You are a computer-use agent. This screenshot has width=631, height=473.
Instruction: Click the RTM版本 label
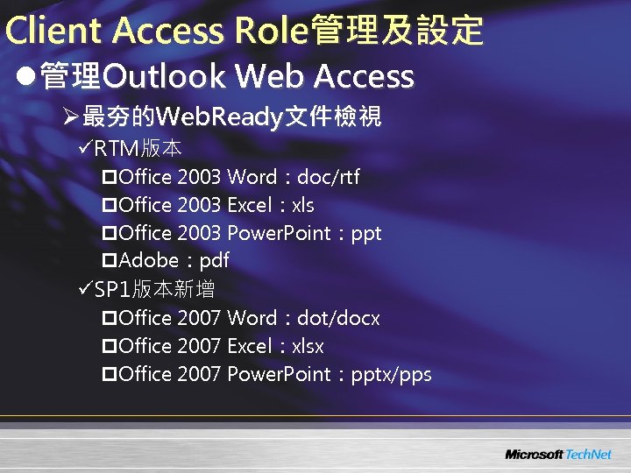click(x=138, y=147)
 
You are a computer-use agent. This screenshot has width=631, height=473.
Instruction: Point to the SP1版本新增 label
click(x=154, y=289)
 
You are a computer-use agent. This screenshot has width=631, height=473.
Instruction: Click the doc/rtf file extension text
click(x=329, y=178)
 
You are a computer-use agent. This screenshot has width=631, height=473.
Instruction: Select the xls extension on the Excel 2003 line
click(x=303, y=206)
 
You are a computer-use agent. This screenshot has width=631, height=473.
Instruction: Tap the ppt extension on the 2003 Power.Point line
click(x=365, y=234)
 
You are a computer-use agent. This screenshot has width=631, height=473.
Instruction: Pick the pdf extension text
click(x=215, y=261)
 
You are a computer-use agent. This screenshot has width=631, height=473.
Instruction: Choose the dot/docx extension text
click(x=339, y=318)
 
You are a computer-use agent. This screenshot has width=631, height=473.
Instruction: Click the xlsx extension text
click(x=308, y=346)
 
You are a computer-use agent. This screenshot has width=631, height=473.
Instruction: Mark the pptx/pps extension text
click(x=391, y=375)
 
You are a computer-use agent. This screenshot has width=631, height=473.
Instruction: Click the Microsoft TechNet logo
click(x=557, y=455)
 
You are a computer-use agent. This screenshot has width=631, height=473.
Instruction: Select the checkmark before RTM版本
click(x=85, y=147)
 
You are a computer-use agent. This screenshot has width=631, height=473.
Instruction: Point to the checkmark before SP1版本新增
click(x=85, y=289)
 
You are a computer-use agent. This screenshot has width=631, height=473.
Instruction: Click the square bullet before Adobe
click(x=110, y=261)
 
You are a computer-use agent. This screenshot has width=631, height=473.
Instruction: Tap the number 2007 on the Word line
click(x=199, y=318)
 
